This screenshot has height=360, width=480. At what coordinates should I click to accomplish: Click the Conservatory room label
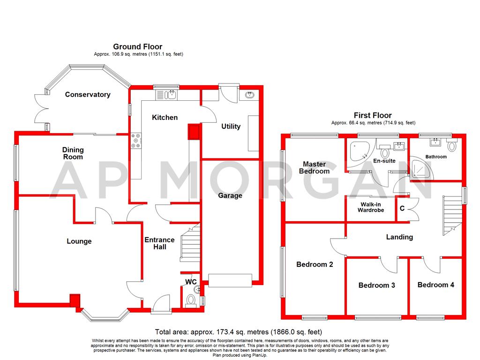tap(88, 95)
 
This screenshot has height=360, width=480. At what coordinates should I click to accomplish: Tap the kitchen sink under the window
tap(166, 95)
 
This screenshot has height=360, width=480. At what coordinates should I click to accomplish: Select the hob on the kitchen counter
tap(136, 141)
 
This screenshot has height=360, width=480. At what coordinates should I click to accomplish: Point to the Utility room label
tap(231, 127)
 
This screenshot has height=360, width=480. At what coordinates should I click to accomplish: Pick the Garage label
tap(230, 195)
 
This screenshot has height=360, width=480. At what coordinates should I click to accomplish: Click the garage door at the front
tap(230, 280)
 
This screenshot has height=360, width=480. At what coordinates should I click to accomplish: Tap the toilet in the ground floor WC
tap(191, 300)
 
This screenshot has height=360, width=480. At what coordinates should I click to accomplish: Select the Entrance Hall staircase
tap(190, 243)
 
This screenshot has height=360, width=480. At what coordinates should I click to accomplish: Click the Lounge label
tap(79, 241)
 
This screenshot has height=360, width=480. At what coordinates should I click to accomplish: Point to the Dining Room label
tap(73, 153)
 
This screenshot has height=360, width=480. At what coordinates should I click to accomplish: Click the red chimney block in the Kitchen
tap(194, 131)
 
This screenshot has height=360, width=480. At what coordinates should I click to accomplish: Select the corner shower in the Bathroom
tap(421, 168)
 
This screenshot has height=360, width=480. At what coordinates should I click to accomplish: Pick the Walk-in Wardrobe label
tap(371, 207)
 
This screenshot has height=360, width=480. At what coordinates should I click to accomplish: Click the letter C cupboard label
tap(402, 209)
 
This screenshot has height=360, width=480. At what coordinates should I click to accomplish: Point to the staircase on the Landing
tap(452, 216)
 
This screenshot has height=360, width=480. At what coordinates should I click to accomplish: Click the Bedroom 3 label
tap(376, 285)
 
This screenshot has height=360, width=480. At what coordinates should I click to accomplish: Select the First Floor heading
tap(373, 115)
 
